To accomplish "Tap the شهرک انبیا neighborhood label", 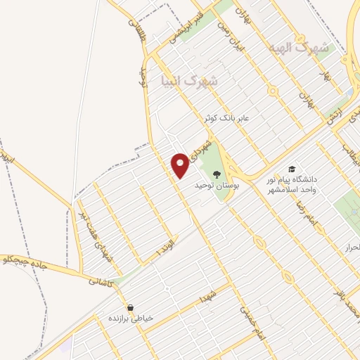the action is (190, 79).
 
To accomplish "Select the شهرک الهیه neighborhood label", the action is (299, 48).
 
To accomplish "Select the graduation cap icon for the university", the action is (291, 169).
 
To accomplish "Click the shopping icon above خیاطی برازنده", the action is (131, 308).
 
